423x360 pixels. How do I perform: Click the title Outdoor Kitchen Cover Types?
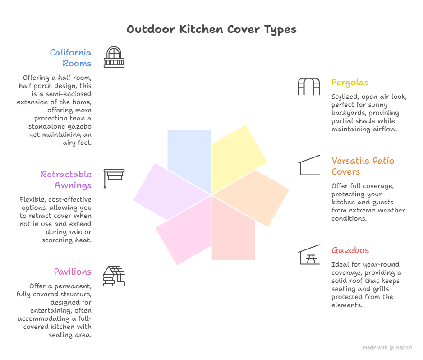point(211,30)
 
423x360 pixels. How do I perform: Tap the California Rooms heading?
point(71,58)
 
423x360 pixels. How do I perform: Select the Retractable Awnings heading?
point(66,180)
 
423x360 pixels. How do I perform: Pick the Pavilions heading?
point(73,272)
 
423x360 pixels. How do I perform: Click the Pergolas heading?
point(350,83)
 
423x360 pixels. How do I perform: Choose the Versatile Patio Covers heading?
point(363,166)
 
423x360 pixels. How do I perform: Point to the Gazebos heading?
point(350,250)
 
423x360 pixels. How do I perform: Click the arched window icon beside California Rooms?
point(114,57)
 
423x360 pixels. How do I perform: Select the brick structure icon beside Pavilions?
point(114,276)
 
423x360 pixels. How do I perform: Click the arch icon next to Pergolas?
point(308,87)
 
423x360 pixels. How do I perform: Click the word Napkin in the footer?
point(404,348)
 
